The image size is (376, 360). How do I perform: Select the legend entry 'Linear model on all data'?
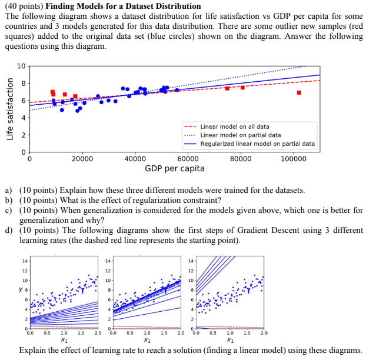pyautogui.click(x=235, y=126)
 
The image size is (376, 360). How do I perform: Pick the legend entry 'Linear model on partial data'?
pyautogui.click(x=240, y=135)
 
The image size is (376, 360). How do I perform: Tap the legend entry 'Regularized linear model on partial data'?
pyautogui.click(x=257, y=144)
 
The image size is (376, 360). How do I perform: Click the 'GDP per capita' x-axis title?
pyautogui.click(x=175, y=169)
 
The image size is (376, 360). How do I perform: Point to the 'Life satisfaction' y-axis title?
pyautogui.click(x=9, y=109)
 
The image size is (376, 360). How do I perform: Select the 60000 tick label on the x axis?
pyautogui.click(x=188, y=159)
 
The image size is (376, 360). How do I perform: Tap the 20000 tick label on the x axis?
pyautogui.click(x=82, y=159)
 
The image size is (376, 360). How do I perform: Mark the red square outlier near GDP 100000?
pyautogui.click(x=299, y=92)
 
